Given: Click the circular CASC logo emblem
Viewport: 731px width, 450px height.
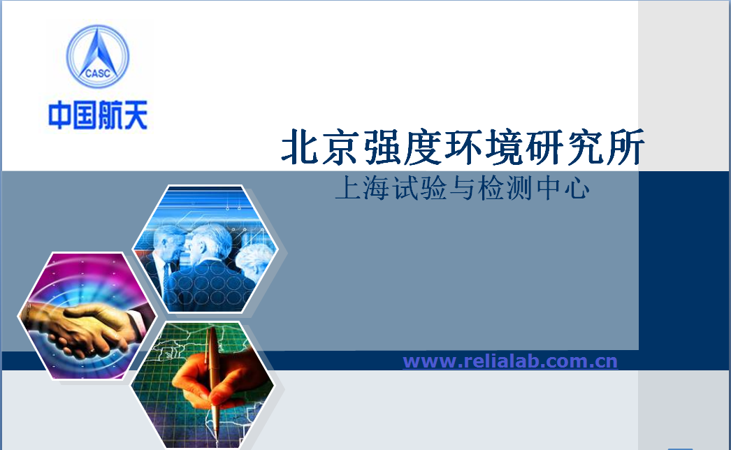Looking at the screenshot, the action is pyautogui.click(x=98, y=57).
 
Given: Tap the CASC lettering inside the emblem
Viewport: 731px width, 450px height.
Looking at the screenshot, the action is pyautogui.click(x=98, y=73).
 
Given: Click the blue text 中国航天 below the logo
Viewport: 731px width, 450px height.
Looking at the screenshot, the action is pyautogui.click(x=98, y=115).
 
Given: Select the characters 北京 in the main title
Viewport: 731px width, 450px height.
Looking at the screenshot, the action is pyautogui.click(x=320, y=147).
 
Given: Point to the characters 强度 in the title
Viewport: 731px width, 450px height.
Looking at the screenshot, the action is pyautogui.click(x=403, y=147).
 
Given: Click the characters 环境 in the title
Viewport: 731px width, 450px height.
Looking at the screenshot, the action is pyautogui.click(x=484, y=147).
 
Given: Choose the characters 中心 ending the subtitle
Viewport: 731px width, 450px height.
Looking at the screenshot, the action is pyautogui.click(x=563, y=189).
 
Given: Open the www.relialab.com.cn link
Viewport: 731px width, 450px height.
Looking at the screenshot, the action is pyautogui.click(x=510, y=361).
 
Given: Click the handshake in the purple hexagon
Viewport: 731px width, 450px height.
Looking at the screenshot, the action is pyautogui.click(x=86, y=328).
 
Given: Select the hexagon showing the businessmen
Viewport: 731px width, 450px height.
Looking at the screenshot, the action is pyautogui.click(x=205, y=249).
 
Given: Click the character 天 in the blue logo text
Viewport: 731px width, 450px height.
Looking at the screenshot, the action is pyautogui.click(x=136, y=115).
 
